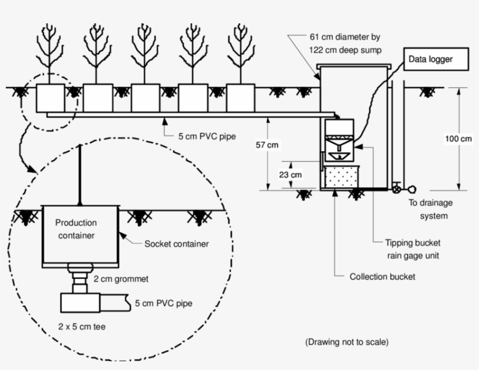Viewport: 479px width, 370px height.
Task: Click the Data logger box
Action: (x=436, y=59)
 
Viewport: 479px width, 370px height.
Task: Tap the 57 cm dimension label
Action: (x=267, y=145)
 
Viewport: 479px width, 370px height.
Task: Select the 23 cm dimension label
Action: (x=290, y=174)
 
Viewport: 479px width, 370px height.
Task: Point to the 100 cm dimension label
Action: (x=458, y=138)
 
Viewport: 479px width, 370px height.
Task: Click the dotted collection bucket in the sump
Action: (x=342, y=177)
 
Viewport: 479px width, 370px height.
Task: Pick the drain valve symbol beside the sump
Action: (x=397, y=189)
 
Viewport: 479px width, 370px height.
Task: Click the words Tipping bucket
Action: (x=413, y=243)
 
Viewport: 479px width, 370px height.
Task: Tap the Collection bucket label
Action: (x=382, y=277)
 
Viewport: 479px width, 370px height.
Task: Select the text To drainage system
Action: (x=431, y=209)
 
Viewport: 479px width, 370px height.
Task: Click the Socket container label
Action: (x=176, y=243)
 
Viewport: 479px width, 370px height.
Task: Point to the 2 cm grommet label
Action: (x=121, y=279)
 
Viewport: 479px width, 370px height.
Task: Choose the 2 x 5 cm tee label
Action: (x=82, y=326)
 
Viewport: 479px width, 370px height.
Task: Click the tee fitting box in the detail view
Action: (x=81, y=303)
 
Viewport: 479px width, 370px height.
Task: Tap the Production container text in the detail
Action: (x=76, y=229)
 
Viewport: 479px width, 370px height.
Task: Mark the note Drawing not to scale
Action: (x=347, y=342)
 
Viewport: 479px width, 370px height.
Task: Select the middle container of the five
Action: (x=145, y=98)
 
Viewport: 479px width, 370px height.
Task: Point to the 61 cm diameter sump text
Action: (x=345, y=43)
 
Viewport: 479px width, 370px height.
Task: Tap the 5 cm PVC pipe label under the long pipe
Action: (x=207, y=136)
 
